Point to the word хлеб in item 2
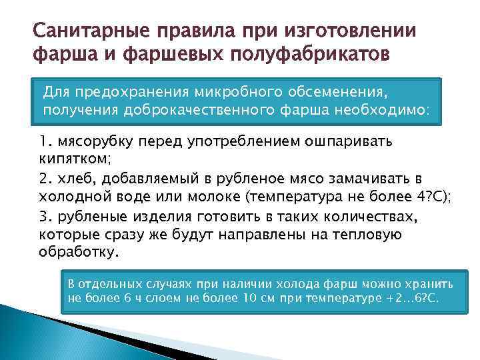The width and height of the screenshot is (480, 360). click(73, 179)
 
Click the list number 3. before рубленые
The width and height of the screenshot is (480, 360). click(46, 215)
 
